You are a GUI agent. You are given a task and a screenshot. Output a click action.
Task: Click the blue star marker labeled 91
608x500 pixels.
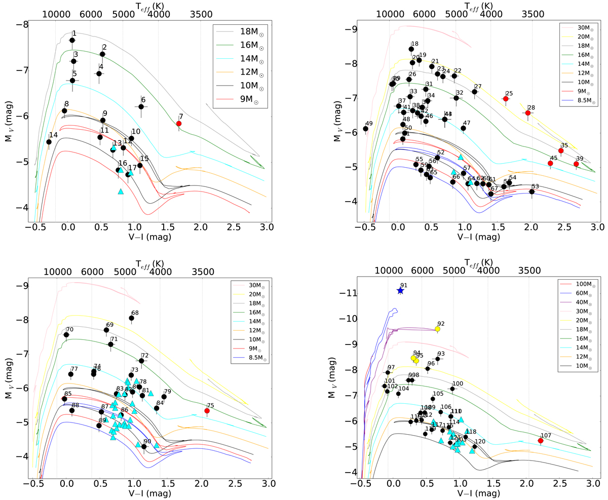(400, 291)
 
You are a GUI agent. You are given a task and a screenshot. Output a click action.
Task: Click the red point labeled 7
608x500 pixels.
(179, 123)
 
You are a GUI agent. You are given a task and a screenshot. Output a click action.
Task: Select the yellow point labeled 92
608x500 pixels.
(437, 329)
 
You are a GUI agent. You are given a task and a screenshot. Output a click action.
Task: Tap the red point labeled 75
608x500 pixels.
(207, 411)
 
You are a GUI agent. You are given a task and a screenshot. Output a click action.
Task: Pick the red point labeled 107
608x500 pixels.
(541, 441)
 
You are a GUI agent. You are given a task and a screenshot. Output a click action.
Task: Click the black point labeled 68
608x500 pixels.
(132, 318)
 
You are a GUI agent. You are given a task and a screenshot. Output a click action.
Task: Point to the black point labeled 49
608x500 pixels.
(366, 129)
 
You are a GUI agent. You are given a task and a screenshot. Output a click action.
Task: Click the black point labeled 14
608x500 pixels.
(49, 142)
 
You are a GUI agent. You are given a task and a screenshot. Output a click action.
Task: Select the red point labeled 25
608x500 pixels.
(506, 99)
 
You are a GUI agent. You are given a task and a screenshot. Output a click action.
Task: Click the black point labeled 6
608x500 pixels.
(141, 106)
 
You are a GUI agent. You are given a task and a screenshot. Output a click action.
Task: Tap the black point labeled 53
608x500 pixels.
(532, 191)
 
